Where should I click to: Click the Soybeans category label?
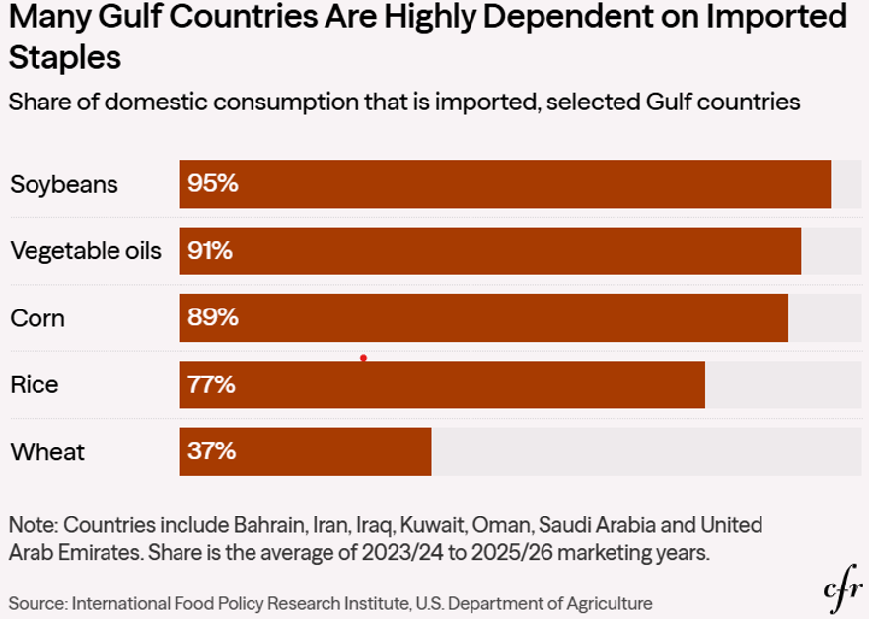pyautogui.click(x=64, y=184)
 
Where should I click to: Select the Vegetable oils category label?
pyautogui.click(x=86, y=250)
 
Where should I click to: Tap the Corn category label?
pyautogui.click(x=37, y=318)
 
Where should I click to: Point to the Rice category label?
pyautogui.click(x=35, y=384)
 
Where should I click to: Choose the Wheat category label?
pyautogui.click(x=47, y=451)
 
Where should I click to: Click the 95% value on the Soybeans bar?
pyautogui.click(x=213, y=184)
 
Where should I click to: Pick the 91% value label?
pyautogui.click(x=210, y=250)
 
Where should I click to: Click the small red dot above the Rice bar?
pyautogui.click(x=364, y=358)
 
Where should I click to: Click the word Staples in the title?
pyautogui.click(x=65, y=56)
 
